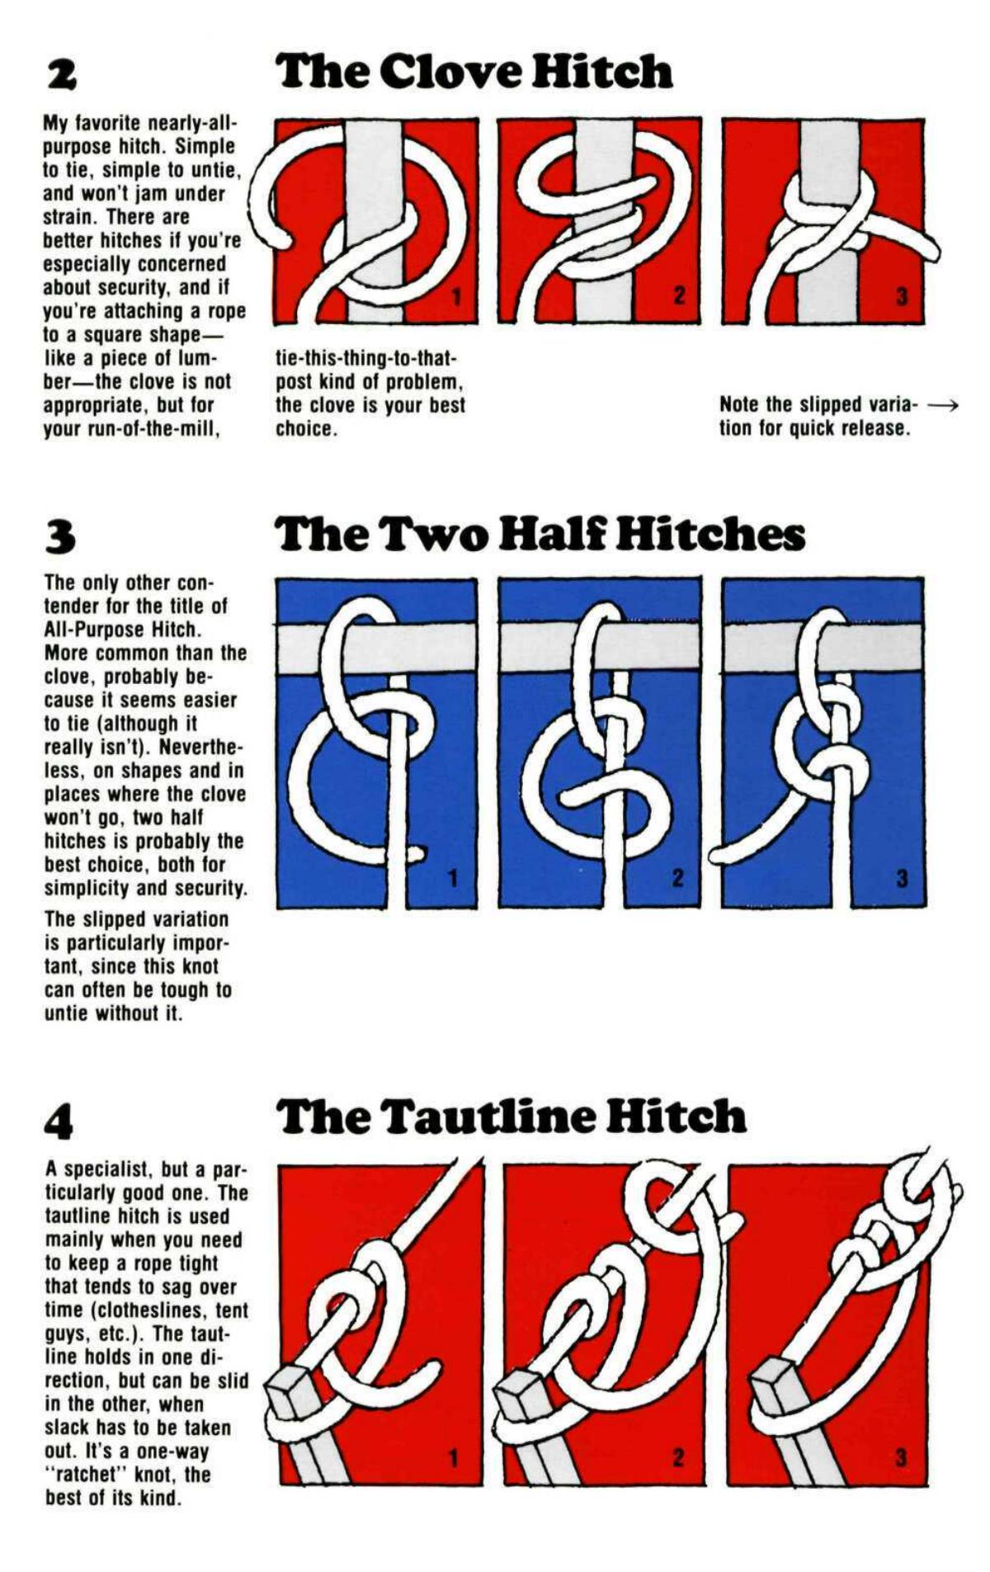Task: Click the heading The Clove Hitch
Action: click(474, 72)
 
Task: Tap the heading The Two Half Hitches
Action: click(540, 534)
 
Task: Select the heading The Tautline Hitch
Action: click(511, 1116)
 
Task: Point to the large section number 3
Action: click(60, 536)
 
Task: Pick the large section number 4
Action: click(60, 1120)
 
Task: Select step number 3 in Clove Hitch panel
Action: click(902, 296)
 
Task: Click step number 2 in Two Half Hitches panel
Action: click(678, 878)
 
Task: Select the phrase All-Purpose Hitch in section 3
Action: click(121, 630)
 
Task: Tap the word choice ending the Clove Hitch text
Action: click(304, 429)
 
